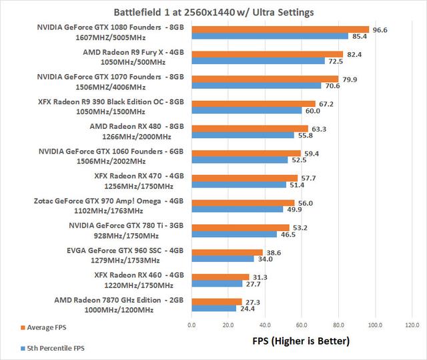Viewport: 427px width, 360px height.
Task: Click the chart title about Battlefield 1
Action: pos(213,12)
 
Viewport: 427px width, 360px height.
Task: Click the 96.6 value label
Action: pos(380,29)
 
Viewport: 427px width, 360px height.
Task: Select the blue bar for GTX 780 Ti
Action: pos(234,234)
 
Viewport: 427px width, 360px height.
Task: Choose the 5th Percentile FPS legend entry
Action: pos(53,347)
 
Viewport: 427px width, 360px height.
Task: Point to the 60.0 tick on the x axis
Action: pos(302,326)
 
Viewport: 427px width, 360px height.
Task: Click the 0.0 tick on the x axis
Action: pos(191,326)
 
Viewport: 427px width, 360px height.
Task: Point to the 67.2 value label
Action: pos(326,104)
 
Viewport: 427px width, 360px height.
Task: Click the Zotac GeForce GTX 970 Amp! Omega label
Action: pos(109,201)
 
